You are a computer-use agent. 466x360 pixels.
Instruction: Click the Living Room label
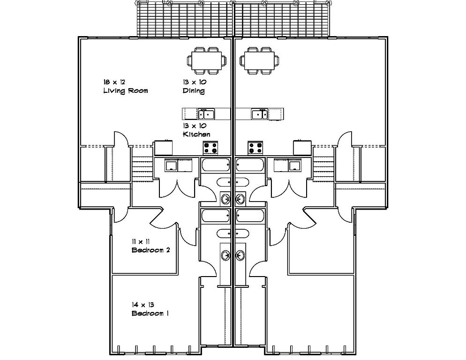pos(126,90)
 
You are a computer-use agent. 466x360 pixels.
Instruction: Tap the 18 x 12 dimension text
pos(114,82)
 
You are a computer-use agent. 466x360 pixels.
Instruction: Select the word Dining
pos(194,90)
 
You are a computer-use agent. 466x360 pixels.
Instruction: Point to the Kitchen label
pos(196,135)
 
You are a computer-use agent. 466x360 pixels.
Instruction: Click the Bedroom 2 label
pos(150,250)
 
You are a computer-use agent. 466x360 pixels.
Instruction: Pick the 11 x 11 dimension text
pos(141,241)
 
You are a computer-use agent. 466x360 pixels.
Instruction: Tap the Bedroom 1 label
pos(150,313)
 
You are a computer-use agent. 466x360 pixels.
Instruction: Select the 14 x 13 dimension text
pos(143,305)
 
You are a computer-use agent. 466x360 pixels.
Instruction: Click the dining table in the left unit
pos(206,60)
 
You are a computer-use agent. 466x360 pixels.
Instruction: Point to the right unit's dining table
pos(259,60)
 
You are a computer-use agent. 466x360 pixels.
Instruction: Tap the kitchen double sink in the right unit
pos(260,114)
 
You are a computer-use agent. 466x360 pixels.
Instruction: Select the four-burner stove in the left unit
pos(210,148)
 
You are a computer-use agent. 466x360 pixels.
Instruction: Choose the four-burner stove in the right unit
pos(256,148)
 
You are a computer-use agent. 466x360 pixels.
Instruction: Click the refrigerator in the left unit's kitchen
pos(163,148)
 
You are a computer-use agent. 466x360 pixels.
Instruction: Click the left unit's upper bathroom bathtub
pos(216,165)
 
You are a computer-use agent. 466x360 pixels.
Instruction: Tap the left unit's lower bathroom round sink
pos(226,255)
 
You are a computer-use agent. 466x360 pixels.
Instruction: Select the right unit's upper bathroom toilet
pos(241,181)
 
